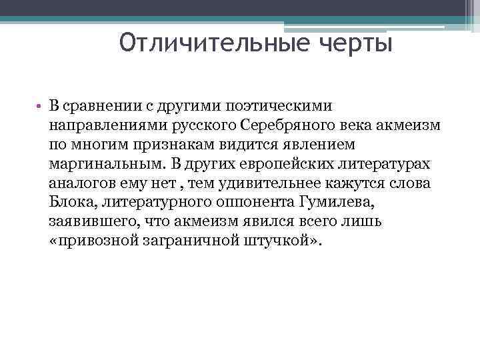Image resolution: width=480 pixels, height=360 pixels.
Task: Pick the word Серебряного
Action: point(284,125)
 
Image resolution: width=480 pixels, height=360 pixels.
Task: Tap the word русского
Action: point(198,125)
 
